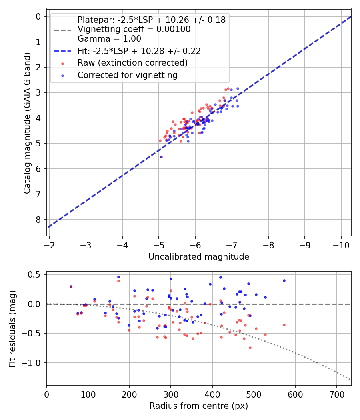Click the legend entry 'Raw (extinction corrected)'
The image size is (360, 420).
click(132, 63)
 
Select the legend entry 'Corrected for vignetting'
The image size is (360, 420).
click(128, 75)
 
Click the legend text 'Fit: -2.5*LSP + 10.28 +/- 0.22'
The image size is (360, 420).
click(139, 51)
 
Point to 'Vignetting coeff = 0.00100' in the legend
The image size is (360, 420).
click(134, 29)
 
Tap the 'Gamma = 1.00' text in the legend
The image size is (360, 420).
click(109, 39)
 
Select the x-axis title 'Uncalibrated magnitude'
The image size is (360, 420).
click(199, 257)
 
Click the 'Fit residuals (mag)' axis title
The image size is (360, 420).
click(12, 328)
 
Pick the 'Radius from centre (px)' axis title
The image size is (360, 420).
click(199, 406)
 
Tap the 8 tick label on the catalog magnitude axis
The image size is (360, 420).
click(38, 220)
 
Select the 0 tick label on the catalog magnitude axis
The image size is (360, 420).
click(38, 16)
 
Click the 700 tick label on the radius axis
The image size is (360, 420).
click(336, 395)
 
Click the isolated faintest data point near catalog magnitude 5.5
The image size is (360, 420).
click(161, 157)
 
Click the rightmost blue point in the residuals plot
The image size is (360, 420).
click(284, 280)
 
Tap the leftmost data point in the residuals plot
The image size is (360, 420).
click(71, 286)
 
